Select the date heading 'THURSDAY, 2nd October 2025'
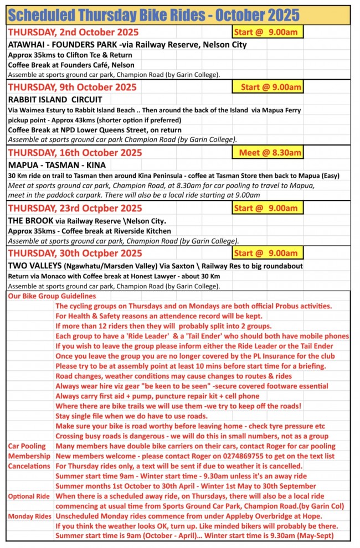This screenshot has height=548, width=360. (73, 32)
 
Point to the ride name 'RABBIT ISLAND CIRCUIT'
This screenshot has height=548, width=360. (55, 100)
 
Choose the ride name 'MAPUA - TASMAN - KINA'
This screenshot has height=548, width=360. (57, 165)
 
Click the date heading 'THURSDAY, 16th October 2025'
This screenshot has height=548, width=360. (75, 153)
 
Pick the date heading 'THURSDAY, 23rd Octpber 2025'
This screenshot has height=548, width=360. (75, 208)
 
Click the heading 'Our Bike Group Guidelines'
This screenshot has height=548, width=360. (52, 297)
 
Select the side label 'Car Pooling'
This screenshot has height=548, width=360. (27, 446)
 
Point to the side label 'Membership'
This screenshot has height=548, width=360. (29, 456)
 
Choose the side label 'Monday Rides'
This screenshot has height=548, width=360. (30, 516)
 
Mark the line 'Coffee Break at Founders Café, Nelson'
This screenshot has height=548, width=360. (71, 65)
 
